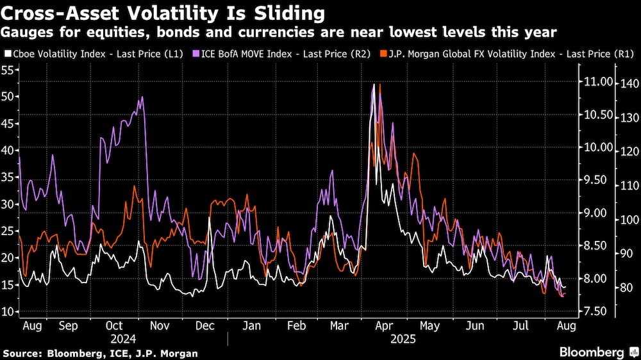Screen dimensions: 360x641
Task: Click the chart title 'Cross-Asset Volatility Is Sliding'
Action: (163, 12)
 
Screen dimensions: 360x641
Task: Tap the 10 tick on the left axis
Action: (8, 311)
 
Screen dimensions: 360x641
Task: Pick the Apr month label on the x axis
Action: (384, 326)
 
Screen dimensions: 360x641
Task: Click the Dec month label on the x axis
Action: (205, 326)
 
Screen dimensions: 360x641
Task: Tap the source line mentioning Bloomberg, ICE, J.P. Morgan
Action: (100, 353)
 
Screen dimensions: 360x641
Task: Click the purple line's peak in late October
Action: (142, 97)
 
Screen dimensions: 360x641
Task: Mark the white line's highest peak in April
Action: (373, 85)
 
